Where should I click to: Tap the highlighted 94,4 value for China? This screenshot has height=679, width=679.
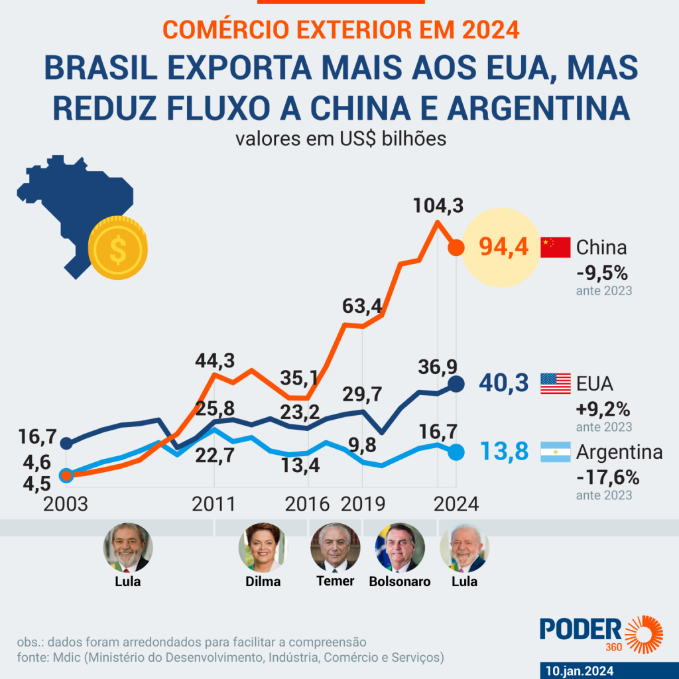504,248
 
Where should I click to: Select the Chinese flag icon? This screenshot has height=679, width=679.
556,247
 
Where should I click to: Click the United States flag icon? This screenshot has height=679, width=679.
556,383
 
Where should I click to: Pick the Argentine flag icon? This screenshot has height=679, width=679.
556,452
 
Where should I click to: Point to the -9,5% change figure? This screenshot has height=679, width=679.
601,273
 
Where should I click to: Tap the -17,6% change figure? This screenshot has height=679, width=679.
607,477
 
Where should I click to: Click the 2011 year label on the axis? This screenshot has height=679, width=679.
214,504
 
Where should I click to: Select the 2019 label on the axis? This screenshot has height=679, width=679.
363,504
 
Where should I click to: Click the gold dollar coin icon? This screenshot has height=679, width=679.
118,248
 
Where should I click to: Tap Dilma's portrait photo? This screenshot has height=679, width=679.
263,548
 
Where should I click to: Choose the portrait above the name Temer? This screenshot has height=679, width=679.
335,548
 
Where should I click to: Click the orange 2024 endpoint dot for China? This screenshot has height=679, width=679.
456,248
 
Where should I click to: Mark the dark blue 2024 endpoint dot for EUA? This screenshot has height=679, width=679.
456,383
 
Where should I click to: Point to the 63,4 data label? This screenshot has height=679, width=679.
363,306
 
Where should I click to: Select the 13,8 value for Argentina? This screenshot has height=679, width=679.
504,452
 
